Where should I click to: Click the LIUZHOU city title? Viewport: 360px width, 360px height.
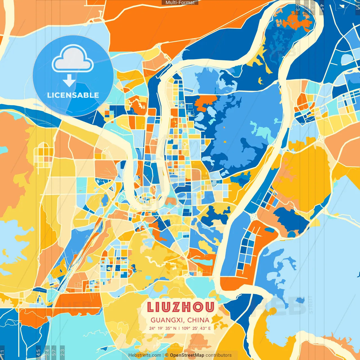pyautogui.click(x=181, y=307)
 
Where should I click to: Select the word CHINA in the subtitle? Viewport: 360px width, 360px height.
pyautogui.click(x=198, y=320)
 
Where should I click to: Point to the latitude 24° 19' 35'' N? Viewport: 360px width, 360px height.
pyautogui.click(x=163, y=328)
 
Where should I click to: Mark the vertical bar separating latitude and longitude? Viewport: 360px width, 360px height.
pyautogui.click(x=179, y=328)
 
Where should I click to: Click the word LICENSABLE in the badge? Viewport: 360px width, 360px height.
pyautogui.click(x=73, y=95)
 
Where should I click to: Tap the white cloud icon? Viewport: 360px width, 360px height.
pyautogui.click(x=73, y=59)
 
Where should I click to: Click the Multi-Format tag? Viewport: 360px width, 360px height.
pyautogui.click(x=180, y=3)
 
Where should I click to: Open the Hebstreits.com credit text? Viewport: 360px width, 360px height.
pyautogui.click(x=145, y=355)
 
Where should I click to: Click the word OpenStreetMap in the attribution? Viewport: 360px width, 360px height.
pyautogui.click(x=187, y=355)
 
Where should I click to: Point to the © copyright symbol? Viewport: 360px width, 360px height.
pyautogui.click(x=166, y=355)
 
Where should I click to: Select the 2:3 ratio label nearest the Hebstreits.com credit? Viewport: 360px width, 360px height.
pyautogui.click(x=62, y=352)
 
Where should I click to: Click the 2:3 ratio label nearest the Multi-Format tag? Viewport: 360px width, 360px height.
pyautogui.click(x=298, y=7)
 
